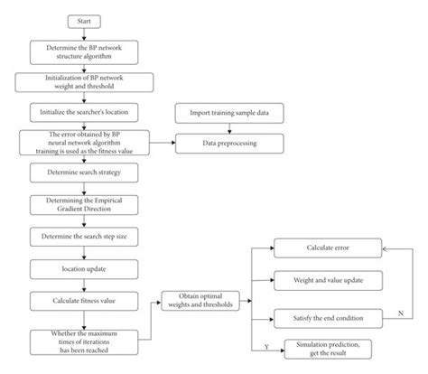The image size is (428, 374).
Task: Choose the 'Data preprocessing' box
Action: pos(229,143)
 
